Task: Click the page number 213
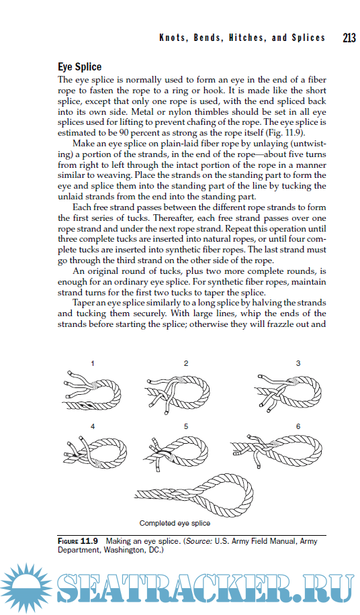click(349, 38)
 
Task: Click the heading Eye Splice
click(80, 67)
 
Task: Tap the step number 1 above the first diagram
click(93, 364)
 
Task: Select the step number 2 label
click(186, 364)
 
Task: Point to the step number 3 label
click(298, 364)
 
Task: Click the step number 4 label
click(93, 426)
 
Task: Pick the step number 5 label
click(186, 426)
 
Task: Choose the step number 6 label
click(298, 426)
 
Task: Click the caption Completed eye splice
click(175, 523)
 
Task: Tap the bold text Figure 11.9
click(78, 541)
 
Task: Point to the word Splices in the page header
click(308, 38)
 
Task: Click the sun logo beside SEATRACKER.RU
click(26, 587)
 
